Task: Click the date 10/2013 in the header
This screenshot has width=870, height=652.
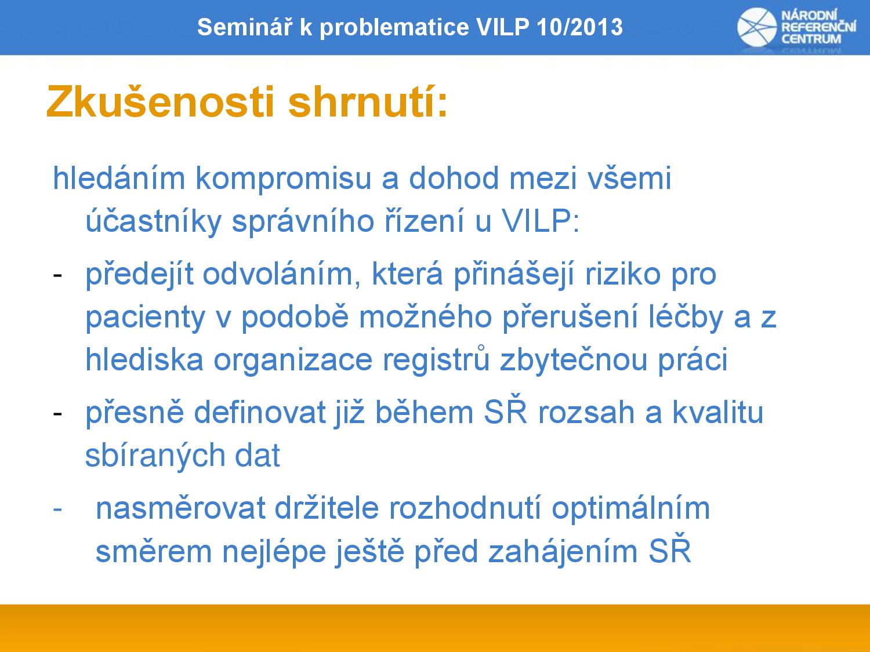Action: [579, 27]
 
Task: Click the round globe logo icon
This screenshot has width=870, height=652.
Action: [757, 27]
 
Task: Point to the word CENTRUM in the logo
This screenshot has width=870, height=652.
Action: [811, 39]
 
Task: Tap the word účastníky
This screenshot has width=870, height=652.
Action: [153, 221]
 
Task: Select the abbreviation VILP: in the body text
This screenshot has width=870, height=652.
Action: [541, 220]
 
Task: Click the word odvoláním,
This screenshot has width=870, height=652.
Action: [282, 274]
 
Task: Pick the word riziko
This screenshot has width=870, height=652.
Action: [623, 274]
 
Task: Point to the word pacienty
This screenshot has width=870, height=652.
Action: [146, 318]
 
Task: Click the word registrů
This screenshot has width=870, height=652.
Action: [436, 359]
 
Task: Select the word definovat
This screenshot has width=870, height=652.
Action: [260, 413]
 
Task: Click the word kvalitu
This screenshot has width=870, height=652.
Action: [718, 413]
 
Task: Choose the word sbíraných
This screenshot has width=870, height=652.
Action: [155, 456]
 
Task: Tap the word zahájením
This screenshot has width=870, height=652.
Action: [563, 552]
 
